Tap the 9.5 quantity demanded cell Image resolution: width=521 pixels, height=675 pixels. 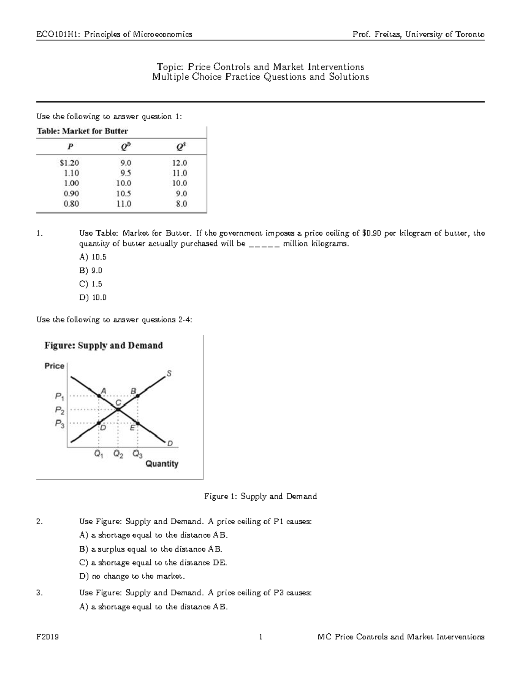(x=124, y=173)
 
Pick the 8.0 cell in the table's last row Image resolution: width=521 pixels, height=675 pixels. (x=181, y=203)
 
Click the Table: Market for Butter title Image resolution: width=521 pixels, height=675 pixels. (x=82, y=131)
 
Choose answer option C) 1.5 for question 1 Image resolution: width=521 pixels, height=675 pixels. (x=90, y=284)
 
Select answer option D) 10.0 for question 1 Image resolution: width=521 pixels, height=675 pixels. (x=92, y=298)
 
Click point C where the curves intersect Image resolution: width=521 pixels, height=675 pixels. (x=118, y=409)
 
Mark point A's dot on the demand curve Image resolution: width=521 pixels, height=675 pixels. (x=99, y=396)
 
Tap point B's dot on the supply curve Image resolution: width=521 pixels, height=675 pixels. (x=138, y=396)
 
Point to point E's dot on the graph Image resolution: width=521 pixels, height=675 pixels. (x=138, y=423)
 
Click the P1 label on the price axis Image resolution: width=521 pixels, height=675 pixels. (x=60, y=396)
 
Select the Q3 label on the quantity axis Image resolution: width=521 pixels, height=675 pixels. (x=137, y=455)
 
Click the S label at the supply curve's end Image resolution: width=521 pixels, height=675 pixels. (x=169, y=373)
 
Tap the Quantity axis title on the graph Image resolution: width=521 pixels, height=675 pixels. (x=162, y=464)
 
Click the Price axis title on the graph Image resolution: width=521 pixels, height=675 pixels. (x=54, y=366)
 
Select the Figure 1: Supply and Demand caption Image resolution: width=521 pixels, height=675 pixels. (x=260, y=496)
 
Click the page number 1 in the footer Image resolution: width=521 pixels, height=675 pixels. (x=260, y=637)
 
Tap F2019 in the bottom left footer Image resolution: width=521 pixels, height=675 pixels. (x=48, y=637)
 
